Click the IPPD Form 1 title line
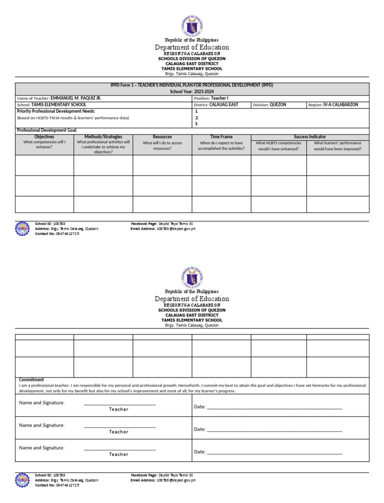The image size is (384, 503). click(x=192, y=85)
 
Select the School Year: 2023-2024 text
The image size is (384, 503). click(x=192, y=92)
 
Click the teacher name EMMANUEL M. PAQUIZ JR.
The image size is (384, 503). click(x=76, y=98)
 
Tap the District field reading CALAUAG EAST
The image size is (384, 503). click(x=223, y=105)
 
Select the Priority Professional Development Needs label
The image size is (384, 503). click(x=56, y=111)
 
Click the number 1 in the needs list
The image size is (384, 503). click(x=197, y=111)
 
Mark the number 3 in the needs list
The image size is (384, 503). click(x=197, y=123)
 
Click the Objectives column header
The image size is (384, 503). click(x=44, y=136)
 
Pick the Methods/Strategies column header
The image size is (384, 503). click(x=103, y=136)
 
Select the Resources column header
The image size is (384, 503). click(x=162, y=136)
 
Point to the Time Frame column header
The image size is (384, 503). click(x=221, y=136)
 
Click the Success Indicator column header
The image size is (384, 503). click(x=310, y=136)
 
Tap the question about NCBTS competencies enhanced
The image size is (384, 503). click(x=278, y=145)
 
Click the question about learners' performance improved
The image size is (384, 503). click(x=337, y=145)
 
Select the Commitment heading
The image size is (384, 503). click(x=31, y=379)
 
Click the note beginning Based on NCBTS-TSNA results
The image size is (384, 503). click(x=73, y=118)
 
